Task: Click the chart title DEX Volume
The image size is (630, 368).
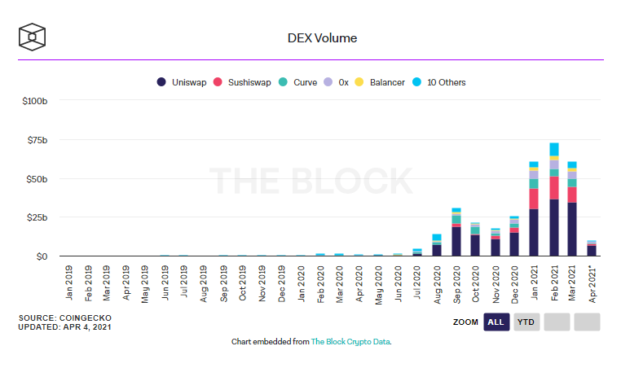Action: tap(322, 38)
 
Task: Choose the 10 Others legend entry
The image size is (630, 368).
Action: tap(441, 82)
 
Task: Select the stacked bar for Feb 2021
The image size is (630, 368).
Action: tap(554, 199)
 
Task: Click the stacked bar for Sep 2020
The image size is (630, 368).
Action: tap(456, 232)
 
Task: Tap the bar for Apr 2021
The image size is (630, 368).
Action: tap(593, 248)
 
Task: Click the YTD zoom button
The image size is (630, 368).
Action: tap(527, 322)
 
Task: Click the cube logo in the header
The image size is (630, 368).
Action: tap(33, 37)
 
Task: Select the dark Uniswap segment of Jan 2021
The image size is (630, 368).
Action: tap(534, 233)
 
